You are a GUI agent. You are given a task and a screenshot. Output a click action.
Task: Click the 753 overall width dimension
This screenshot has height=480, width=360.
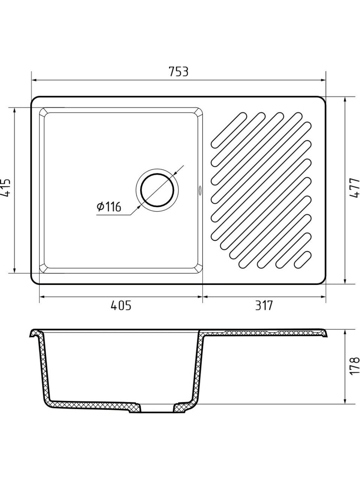coord(178,72)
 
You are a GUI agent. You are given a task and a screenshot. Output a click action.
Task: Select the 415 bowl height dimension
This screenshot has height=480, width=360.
coord(5,187)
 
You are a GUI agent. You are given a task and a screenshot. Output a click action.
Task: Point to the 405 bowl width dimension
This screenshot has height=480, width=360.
coord(121,305)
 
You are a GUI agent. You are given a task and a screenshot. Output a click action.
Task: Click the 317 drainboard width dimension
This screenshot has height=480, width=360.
coord(264,305)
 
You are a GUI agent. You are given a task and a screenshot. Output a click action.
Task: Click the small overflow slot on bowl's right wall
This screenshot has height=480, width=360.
coord(199,190)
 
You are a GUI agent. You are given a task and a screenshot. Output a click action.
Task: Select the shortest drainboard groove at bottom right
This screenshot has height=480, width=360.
coord(303,259)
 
